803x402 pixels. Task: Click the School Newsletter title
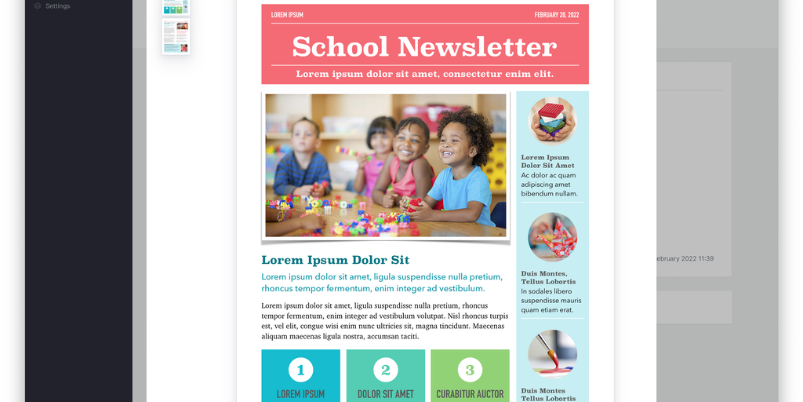point(424,47)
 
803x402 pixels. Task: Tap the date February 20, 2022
point(556,15)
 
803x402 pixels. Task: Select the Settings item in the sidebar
point(57,6)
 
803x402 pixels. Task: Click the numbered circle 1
point(300,370)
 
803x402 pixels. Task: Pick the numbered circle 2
point(385,370)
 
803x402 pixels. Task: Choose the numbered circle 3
point(470,370)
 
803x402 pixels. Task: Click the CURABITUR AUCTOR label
point(470,394)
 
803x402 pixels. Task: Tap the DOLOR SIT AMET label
point(385,394)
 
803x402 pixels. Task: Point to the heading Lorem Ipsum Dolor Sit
point(335,260)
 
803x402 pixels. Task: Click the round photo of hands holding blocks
point(552,120)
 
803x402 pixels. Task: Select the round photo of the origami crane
point(552,237)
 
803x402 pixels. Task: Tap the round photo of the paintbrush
point(552,353)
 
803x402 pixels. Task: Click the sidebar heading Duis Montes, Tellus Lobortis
point(548,277)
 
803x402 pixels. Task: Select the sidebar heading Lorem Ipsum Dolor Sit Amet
point(547,161)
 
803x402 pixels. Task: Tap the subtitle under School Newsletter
point(424,74)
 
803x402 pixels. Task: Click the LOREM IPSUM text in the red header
point(287,15)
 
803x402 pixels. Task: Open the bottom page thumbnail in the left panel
point(176,36)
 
